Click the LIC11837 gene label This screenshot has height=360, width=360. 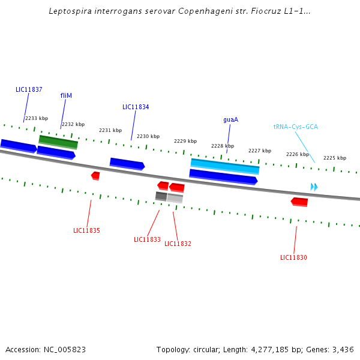[29, 89]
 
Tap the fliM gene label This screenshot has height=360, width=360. [66, 95]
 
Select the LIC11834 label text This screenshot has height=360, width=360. [136, 107]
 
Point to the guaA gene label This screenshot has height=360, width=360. [230, 119]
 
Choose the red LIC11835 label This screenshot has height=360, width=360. [86, 230]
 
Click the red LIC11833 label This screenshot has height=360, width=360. [147, 239]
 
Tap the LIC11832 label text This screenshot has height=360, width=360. [178, 244]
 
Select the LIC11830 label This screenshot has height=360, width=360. [293, 257]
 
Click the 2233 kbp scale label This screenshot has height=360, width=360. [37, 118]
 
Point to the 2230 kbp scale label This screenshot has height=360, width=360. [148, 136]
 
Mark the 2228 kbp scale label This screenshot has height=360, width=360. [223, 146]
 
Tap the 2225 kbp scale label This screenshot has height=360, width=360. [335, 158]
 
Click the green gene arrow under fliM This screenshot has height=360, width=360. [58, 142]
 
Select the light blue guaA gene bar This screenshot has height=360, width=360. [225, 166]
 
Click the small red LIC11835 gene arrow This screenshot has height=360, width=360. [95, 176]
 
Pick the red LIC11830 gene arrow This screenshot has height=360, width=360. [299, 202]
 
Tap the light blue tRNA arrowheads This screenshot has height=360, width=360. [314, 187]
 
